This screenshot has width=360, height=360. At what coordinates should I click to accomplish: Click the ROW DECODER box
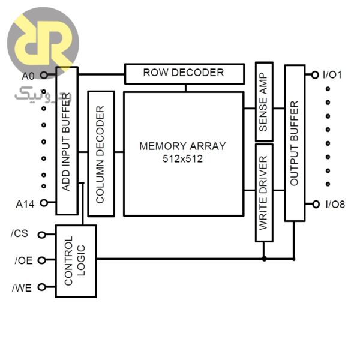pyautogui.click(x=184, y=74)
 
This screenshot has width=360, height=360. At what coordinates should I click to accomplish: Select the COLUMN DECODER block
pyautogui.click(x=101, y=154)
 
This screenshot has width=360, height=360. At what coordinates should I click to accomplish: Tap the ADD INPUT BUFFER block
pyautogui.click(x=67, y=140)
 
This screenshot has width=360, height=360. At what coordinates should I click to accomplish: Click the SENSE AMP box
pyautogui.click(x=263, y=100)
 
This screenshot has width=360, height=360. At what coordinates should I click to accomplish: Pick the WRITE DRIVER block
pyautogui.click(x=264, y=193)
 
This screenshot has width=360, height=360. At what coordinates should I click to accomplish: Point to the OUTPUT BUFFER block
pyautogui.click(x=295, y=143)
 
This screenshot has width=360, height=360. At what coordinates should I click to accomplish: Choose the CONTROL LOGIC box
pyautogui.click(x=76, y=261)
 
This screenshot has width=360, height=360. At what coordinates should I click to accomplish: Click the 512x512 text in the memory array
pyautogui.click(x=182, y=159)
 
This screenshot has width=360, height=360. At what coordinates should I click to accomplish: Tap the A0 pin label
pyautogui.click(x=28, y=76)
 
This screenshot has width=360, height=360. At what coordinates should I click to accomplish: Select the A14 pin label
pyautogui.click(x=26, y=204)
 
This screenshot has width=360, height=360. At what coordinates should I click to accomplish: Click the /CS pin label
pyautogui.click(x=20, y=233)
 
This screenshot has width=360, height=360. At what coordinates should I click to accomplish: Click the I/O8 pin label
pyautogui.click(x=334, y=205)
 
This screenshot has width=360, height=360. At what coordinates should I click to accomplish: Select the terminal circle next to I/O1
pyautogui.click(x=315, y=75)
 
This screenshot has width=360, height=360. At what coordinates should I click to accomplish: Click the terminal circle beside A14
pyautogui.click(x=43, y=203)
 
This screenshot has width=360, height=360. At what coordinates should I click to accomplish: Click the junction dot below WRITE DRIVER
pyautogui.click(x=264, y=259)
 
